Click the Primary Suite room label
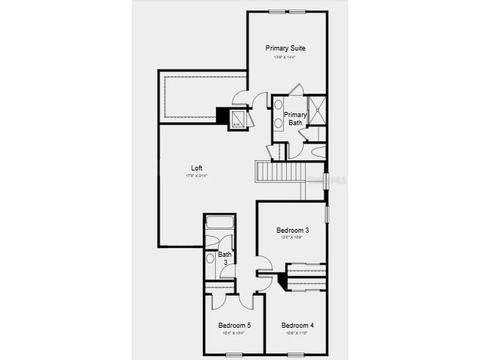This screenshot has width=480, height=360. pyautogui.click(x=285, y=48)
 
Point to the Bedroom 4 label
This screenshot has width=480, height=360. pyautogui.click(x=297, y=326)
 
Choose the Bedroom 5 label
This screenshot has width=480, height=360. pyautogui.click(x=234, y=326)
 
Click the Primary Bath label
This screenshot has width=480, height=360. pyautogui.click(x=295, y=119)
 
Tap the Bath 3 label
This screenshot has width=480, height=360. pyautogui.click(x=224, y=258)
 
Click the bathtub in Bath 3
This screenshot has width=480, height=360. pyautogui.click(x=219, y=222)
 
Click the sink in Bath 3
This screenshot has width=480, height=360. pyautogui.click(x=211, y=258)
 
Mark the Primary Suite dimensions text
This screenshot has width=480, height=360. pyautogui.click(x=285, y=57)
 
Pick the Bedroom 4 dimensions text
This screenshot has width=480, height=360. pyautogui.click(x=297, y=333)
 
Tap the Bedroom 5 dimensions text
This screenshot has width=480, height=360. pyautogui.click(x=234, y=333)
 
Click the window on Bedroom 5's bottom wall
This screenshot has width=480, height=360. pyautogui.click(x=234, y=355)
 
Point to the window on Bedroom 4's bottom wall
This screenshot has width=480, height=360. pyautogui.click(x=297, y=355)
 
